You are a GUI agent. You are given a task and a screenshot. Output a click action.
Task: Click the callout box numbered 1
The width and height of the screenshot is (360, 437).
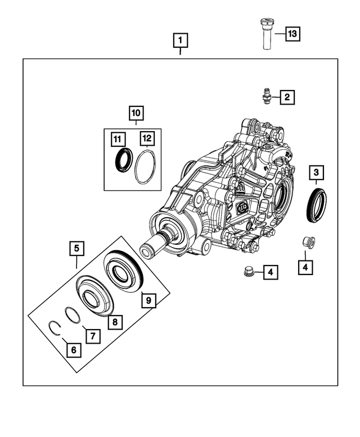[x=180, y=40]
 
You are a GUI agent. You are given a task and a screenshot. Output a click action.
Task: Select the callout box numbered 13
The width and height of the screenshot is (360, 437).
[x=292, y=34]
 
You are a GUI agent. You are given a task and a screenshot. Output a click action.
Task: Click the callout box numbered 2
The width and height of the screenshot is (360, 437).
[x=286, y=97]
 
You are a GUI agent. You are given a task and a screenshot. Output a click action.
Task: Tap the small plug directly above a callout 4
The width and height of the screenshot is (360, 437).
[x=307, y=243]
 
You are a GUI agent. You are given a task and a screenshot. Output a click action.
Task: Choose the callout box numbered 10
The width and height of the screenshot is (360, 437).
[x=136, y=114]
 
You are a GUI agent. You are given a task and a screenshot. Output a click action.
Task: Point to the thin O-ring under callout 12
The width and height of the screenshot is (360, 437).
[x=146, y=168]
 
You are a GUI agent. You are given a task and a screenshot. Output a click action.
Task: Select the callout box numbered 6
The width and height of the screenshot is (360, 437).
[x=73, y=350]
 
